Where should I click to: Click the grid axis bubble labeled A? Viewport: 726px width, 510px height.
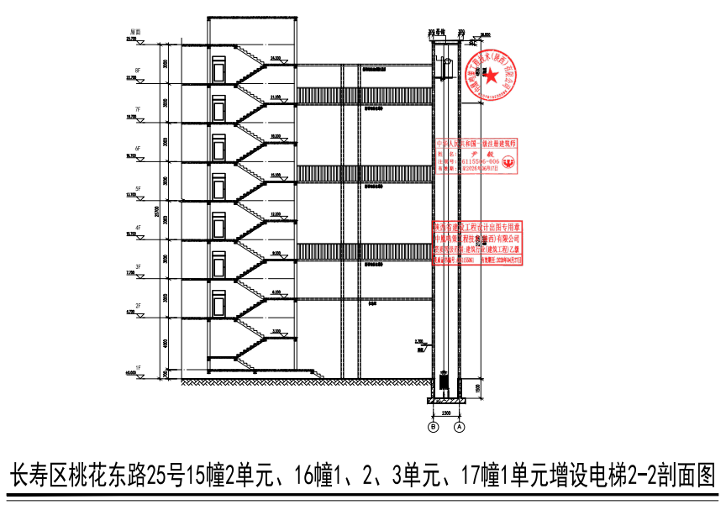tap(460, 427)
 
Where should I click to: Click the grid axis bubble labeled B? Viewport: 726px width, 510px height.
tap(434, 427)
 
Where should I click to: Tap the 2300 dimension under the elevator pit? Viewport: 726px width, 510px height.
tap(446, 413)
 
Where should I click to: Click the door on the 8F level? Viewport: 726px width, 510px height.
tap(219, 70)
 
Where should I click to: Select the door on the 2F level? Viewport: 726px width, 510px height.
tap(219, 303)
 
